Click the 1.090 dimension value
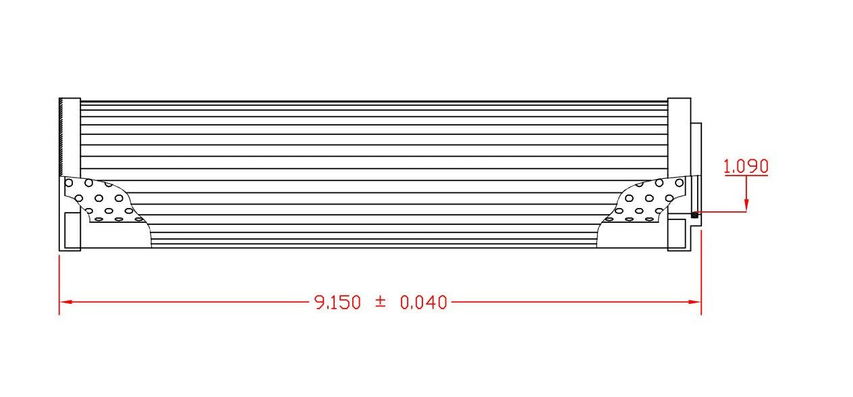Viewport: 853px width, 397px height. point(746,166)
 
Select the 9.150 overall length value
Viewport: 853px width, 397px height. point(337,302)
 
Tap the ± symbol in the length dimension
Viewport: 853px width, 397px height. point(381,302)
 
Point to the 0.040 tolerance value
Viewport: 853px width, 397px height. point(423,302)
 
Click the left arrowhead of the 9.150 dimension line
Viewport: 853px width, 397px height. point(65,302)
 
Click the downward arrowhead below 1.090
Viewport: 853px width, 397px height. point(746,205)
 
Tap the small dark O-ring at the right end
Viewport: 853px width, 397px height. point(694,215)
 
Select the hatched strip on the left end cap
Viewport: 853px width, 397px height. point(61,135)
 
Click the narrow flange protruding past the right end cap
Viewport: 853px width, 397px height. point(696,162)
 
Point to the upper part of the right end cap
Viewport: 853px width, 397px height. point(679,135)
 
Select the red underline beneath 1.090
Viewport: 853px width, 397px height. point(746,176)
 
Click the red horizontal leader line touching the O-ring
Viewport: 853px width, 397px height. point(722,212)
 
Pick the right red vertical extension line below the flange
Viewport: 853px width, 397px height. point(701,270)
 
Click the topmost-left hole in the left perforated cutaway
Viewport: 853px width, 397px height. point(68,182)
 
